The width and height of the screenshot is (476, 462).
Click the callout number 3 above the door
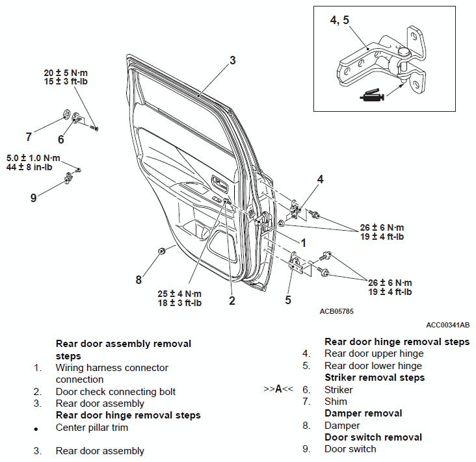click(233, 60)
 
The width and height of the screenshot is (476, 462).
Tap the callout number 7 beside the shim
click(29, 137)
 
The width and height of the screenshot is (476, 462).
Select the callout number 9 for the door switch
click(33, 198)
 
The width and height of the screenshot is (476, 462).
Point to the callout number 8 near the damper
click(139, 279)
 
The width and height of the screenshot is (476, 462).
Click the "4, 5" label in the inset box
click(339, 20)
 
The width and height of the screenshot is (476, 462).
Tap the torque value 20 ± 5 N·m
click(66, 73)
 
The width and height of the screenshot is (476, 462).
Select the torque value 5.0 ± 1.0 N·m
click(33, 158)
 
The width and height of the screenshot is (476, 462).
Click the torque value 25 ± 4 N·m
click(179, 294)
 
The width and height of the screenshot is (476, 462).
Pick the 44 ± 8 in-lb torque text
click(29, 167)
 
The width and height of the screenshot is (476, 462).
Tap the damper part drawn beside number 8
click(162, 251)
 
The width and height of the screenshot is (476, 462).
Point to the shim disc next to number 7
click(66, 114)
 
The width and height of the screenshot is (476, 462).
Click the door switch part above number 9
click(68, 177)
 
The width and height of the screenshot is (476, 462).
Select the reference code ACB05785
click(337, 311)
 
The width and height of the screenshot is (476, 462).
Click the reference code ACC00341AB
click(448, 325)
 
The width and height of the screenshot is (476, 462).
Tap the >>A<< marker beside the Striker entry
click(279, 389)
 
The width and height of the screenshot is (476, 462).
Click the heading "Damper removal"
click(364, 413)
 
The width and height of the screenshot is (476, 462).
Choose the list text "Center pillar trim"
click(92, 428)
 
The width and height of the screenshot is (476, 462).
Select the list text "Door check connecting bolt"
click(116, 392)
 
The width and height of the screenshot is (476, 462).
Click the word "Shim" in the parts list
click(336, 402)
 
